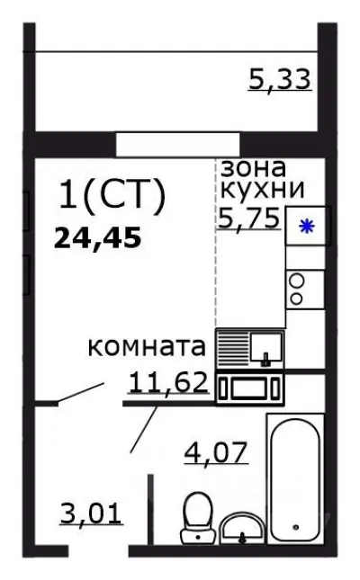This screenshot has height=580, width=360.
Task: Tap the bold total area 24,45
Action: tap(99, 238)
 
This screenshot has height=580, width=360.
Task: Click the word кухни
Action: tap(262, 190)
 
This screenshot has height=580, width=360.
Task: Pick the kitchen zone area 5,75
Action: tap(248, 216)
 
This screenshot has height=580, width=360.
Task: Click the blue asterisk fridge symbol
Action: tap(307, 227)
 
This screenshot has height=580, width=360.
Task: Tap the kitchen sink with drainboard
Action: tap(251, 348)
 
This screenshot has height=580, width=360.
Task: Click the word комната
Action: tap(148, 348)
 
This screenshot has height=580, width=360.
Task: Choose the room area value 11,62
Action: tap(169, 384)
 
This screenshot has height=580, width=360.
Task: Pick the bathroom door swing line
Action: tap(147, 430)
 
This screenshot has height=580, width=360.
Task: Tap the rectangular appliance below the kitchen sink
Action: tap(249, 388)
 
